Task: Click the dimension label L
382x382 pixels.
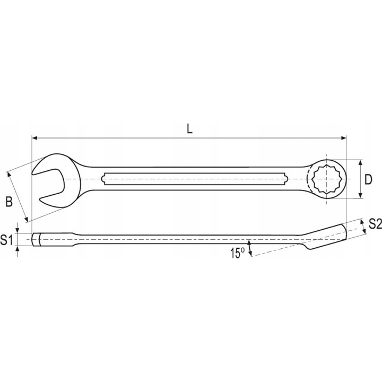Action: (189, 128)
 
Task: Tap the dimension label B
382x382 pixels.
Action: (9, 202)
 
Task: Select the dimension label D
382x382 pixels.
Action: (368, 179)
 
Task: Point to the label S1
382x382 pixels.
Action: (6, 240)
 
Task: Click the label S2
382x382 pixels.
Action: (375, 224)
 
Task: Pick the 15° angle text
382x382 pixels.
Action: (237, 253)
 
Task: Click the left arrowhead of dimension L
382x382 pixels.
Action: (34, 138)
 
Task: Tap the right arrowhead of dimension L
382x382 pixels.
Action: (343, 138)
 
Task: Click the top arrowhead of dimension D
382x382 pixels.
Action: (361, 163)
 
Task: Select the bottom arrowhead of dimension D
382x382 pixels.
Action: (361, 195)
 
